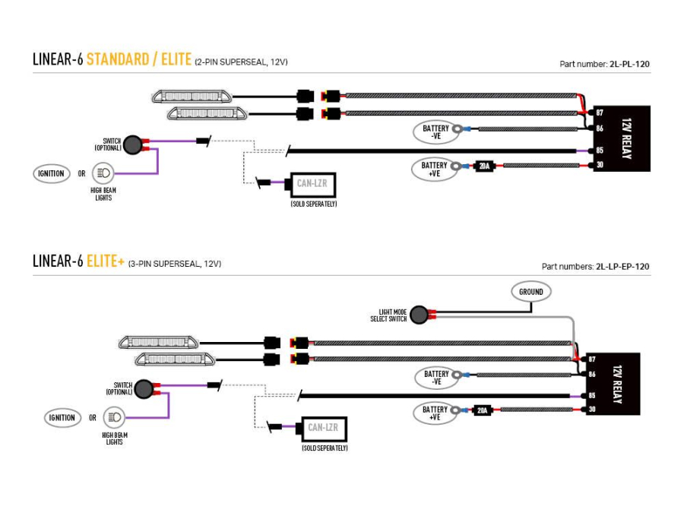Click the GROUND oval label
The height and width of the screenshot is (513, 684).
531,292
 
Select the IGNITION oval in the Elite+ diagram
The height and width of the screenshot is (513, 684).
62,417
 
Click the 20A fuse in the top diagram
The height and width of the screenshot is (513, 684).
483,166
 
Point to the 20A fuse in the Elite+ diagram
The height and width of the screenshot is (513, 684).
481,410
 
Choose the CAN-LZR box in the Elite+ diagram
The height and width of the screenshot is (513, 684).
323,428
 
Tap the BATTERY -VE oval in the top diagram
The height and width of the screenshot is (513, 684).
435,132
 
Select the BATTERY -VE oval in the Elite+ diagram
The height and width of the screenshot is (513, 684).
436,377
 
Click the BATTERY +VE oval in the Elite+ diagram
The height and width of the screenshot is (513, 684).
435,413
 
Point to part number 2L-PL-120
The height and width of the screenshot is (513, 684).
629,65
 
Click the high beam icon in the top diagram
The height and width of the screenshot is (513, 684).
103,173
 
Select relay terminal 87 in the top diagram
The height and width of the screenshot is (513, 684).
600,112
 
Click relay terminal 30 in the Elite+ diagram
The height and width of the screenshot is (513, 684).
591,410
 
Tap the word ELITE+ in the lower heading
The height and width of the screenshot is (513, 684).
106,262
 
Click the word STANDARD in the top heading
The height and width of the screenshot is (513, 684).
118,59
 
